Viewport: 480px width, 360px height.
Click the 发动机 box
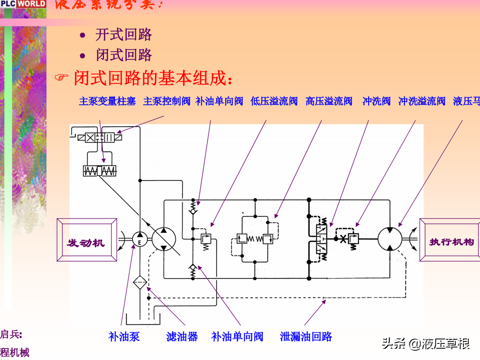86,242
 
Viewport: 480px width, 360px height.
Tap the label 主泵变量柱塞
107,101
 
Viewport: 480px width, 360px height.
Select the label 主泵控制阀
166,101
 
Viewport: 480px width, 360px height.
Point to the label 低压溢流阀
274,101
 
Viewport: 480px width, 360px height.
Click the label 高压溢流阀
329,101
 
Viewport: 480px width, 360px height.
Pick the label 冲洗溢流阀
422,101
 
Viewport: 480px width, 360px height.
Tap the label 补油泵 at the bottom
124,337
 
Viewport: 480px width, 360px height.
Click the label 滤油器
182,337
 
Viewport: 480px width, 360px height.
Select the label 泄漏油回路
306,337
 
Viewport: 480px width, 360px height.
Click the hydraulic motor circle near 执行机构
390,239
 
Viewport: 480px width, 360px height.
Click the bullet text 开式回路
124,35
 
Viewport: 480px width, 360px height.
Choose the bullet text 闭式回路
124,55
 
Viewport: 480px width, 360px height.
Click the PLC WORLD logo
23,4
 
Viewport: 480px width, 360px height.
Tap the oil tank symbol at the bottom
143,321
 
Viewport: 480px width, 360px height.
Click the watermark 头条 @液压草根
426,344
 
